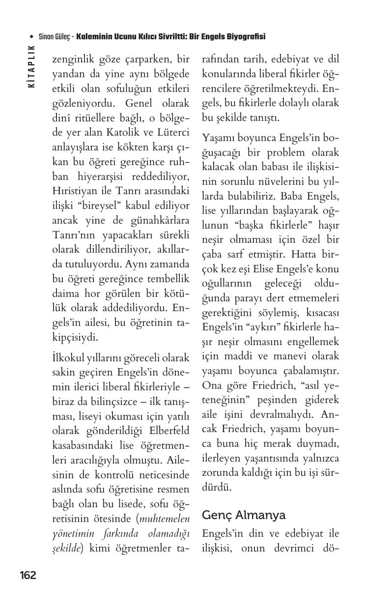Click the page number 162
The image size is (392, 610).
coord(28,576)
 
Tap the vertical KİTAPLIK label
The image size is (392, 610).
coord(32,66)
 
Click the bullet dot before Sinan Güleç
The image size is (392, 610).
coord(32,37)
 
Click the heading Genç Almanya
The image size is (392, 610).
coord(244,515)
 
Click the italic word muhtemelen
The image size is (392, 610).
coord(165,519)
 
